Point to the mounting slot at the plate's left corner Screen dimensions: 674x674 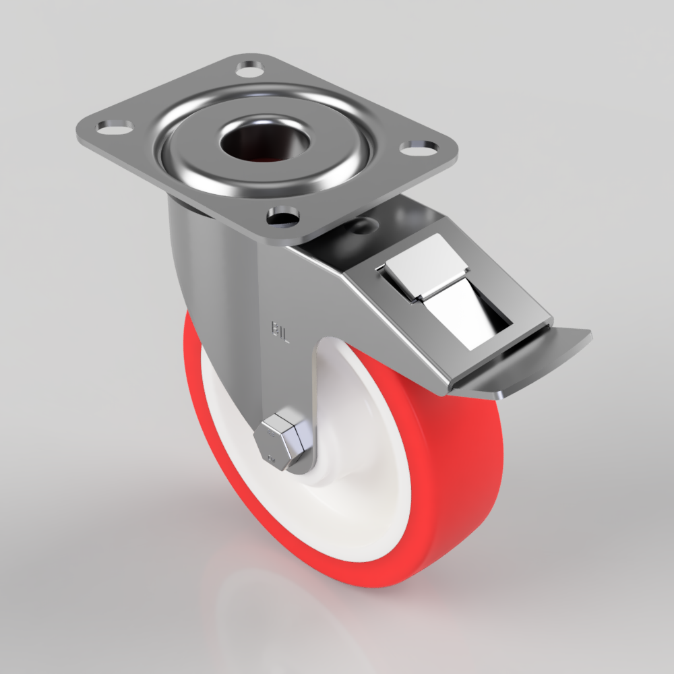(115, 127)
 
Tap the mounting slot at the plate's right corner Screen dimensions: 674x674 (417, 146)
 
